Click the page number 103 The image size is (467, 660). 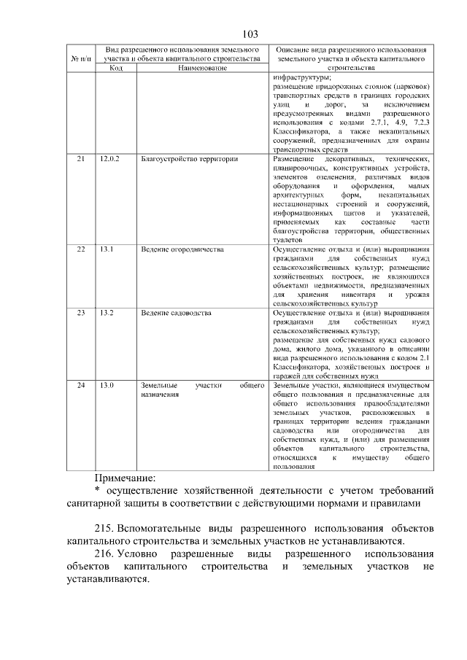click(250, 34)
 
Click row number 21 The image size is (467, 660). click(81, 158)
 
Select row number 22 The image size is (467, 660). click(81, 249)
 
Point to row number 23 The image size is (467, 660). click(81, 313)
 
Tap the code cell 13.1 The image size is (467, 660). click(107, 249)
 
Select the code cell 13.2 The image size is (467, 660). click(107, 313)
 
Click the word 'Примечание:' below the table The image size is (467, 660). click(125, 478)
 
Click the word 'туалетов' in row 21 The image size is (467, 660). click(286, 239)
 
